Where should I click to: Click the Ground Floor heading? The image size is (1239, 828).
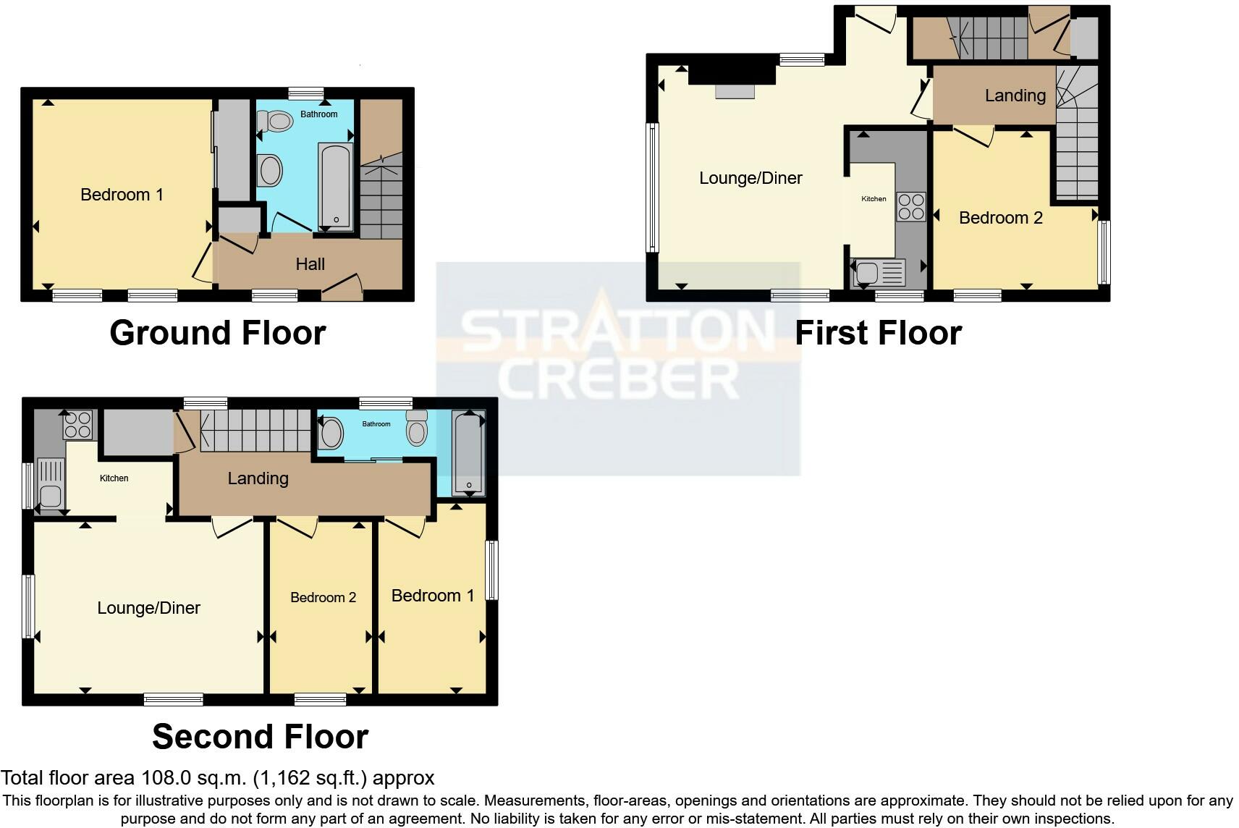[x=218, y=333]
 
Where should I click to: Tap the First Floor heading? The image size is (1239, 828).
[x=879, y=333]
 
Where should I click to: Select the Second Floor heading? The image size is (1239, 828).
[x=261, y=737]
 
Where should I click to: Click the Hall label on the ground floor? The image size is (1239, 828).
[x=310, y=264]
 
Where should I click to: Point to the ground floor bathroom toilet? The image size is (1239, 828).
[x=275, y=121]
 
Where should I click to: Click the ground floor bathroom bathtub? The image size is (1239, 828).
[x=335, y=187]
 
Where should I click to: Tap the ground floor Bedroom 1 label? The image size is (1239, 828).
[x=122, y=195]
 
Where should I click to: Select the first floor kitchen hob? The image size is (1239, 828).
[x=911, y=207]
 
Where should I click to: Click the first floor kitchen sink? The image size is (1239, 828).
[x=879, y=273]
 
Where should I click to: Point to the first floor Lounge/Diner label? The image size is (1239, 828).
[x=750, y=178]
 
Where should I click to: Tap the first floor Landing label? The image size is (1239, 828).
[x=1015, y=96]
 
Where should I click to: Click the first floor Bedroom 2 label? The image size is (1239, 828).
[x=1001, y=218]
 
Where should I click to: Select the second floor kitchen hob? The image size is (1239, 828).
[x=77, y=425]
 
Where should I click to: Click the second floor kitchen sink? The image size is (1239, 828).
[x=51, y=484]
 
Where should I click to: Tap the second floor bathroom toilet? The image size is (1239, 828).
[x=417, y=428]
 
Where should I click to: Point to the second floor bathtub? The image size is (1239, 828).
[x=468, y=452]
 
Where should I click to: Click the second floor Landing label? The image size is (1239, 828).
[x=258, y=478]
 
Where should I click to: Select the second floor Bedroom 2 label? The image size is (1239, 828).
[x=323, y=597]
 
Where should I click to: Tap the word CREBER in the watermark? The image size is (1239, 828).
[x=618, y=379]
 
